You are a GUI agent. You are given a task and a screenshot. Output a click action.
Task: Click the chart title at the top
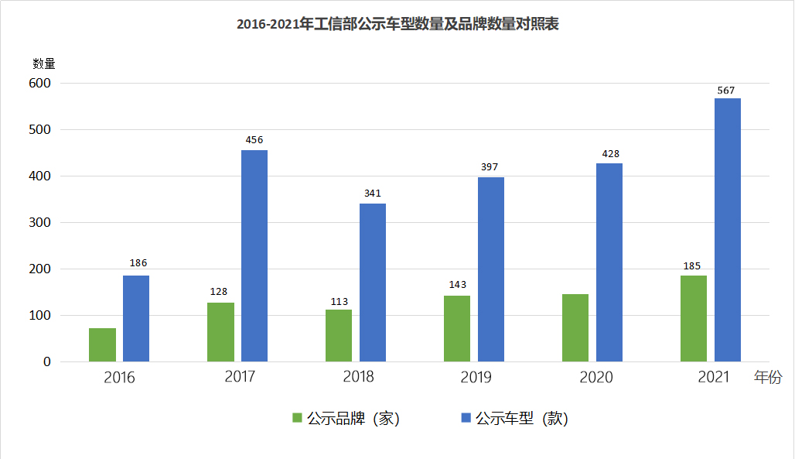pos(397,25)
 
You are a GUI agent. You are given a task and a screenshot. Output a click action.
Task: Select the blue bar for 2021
pos(727,230)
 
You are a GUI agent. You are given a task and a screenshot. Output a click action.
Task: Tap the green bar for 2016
pos(102,344)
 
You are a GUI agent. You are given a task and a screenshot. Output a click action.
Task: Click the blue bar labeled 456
pos(254,255)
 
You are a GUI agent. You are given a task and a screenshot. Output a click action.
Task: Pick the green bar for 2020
pos(575,327)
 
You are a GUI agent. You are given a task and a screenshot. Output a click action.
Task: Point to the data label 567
pos(726,91)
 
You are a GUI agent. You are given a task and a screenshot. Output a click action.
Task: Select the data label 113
pos(339,302)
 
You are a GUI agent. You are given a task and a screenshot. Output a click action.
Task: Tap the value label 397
pos(490,167)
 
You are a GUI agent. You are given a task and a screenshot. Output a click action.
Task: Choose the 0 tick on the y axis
pos(46,361)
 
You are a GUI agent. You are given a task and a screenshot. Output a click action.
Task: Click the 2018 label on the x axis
pos(357,377)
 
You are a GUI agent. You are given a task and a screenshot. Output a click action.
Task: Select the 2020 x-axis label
pos(595,377)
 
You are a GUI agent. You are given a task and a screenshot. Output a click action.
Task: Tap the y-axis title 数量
pos(44,63)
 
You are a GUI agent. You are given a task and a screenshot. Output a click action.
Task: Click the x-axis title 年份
pos(768,377)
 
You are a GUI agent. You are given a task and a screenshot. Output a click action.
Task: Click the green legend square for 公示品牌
pos(297,418)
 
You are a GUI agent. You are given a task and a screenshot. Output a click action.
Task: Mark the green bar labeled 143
pos(457,328)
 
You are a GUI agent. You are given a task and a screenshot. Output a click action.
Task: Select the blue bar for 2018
pos(373,283)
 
